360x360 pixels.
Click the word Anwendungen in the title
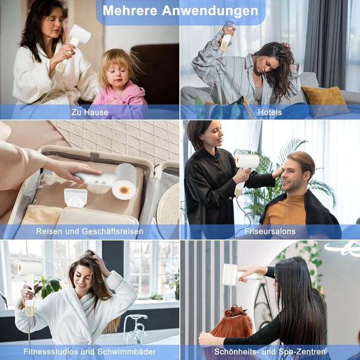[210, 11]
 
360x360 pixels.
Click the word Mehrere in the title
[130, 10]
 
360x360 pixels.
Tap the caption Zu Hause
[90, 112]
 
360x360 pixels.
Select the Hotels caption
[270, 112]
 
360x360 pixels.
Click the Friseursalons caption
[270, 231]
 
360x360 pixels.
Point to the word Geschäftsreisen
[112, 231]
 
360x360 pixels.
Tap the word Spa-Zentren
[302, 351]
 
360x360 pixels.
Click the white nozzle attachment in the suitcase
[75, 197]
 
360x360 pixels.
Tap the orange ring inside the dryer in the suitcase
[124, 190]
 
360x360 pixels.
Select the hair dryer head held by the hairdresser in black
[247, 160]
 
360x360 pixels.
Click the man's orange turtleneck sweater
[286, 210]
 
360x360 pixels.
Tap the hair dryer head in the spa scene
[230, 274]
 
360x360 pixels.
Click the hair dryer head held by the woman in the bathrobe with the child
[80, 33]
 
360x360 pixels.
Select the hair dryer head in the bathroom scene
[30, 268]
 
